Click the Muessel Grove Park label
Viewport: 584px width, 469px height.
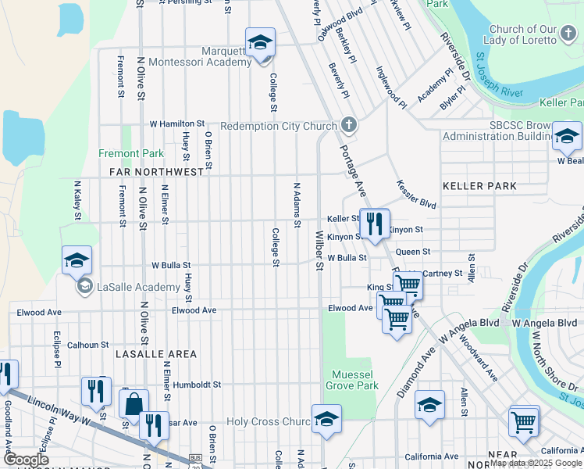point(355,380)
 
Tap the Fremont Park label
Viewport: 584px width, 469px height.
point(131,154)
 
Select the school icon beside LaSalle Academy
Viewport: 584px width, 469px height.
point(77,262)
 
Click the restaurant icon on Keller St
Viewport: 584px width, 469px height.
point(375,224)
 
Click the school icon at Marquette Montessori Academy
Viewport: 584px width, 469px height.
point(261,43)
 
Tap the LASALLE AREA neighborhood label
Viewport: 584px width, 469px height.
point(155,354)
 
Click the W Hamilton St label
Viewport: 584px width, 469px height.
point(177,124)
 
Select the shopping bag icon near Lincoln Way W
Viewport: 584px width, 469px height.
point(134,404)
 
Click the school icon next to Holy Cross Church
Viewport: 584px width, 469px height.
point(326,420)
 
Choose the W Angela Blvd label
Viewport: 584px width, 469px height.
point(545,322)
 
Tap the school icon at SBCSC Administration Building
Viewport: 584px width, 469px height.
point(567,137)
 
